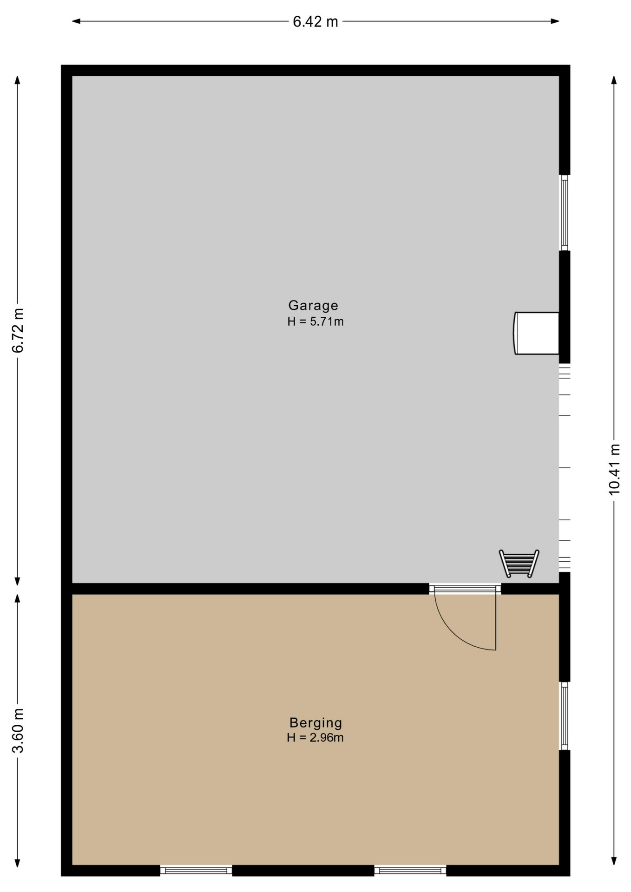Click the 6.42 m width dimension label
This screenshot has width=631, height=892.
pos(315,21)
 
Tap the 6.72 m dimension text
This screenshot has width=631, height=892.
pos(18,330)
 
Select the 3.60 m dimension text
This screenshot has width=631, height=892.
pos(18,730)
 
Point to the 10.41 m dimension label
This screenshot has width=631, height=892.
pos(614,470)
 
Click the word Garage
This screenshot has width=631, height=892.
pos(313,305)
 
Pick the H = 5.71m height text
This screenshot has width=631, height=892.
pos(315,321)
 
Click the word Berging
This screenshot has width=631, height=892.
pos(315,722)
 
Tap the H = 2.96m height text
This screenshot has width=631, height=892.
pos(315,737)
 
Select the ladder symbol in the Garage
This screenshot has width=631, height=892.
pos(519,564)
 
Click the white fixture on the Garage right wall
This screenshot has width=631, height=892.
pos(536,333)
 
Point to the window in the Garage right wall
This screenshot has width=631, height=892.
pos(564,213)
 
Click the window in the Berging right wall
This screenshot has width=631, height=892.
pos(564,716)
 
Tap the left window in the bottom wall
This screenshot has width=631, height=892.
pos(196,870)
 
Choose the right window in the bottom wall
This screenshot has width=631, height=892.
pos(410,870)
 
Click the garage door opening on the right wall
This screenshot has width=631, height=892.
pos(564,468)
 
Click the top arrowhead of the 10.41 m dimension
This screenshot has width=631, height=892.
pos(614,80)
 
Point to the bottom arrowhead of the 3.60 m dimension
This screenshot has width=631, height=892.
pos(18,863)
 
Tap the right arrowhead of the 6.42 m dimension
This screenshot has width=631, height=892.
pos(555,21)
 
